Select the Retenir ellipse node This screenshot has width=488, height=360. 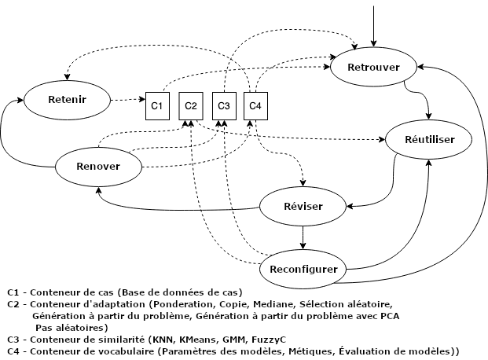click(x=67, y=100)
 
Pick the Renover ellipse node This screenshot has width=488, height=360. click(x=98, y=166)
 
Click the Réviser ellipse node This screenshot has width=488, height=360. click(x=303, y=206)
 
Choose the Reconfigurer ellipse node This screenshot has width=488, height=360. click(x=303, y=269)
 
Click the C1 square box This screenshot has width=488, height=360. click(x=156, y=105)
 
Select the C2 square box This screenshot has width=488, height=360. click(x=190, y=105)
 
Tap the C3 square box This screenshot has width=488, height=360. click(x=224, y=105)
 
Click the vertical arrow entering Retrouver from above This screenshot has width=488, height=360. click(x=374, y=24)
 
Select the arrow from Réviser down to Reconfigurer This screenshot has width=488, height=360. click(x=303, y=236)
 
